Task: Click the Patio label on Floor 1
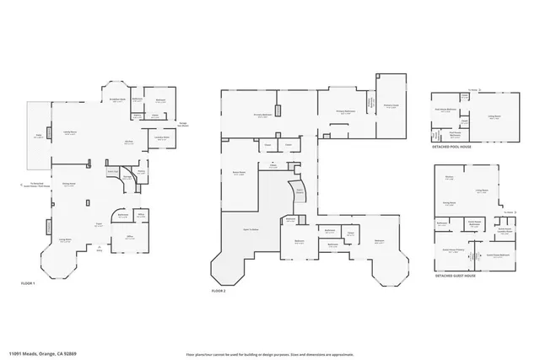(37, 136)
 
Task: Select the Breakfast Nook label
(117, 99)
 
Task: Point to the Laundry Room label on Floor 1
(161, 137)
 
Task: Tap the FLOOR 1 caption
(28, 283)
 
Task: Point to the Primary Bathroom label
(346, 110)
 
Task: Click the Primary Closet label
(391, 105)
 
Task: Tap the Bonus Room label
(239, 173)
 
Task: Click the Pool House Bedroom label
(446, 110)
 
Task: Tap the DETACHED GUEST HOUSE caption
(456, 275)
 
